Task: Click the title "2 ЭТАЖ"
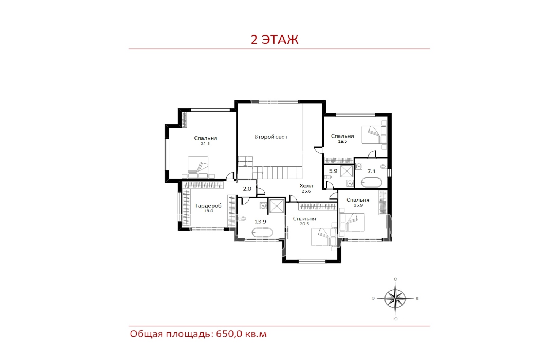275,39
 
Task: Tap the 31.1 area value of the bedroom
205,144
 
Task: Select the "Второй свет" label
271,137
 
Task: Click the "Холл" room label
306,186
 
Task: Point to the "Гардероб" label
208,206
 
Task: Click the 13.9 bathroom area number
261,221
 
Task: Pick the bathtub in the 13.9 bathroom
262,232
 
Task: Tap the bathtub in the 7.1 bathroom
371,182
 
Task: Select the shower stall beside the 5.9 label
347,172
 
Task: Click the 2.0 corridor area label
247,189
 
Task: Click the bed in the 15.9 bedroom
352,222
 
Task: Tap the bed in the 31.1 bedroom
198,167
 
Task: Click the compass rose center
395,299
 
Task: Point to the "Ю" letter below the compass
395,319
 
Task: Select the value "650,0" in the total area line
229,334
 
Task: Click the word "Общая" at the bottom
146,334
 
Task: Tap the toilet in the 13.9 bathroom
242,219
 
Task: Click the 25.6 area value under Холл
306,191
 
